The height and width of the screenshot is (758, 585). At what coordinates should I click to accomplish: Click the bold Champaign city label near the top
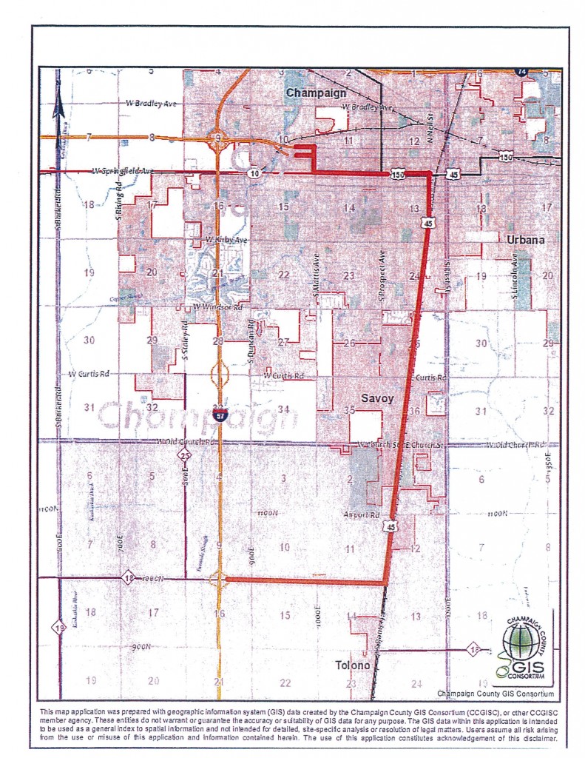[316, 93]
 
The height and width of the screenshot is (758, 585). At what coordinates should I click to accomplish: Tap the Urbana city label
[525, 240]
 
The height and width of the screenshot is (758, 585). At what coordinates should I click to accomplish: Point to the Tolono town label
[352, 664]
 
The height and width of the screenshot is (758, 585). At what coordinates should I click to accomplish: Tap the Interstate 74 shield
[522, 71]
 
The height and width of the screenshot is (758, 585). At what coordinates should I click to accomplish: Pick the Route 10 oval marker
[254, 172]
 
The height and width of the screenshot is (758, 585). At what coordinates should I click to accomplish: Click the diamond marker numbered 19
[60, 628]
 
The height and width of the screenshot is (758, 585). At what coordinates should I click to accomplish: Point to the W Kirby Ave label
[225, 240]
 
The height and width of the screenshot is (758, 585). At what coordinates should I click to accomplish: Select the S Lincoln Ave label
[515, 278]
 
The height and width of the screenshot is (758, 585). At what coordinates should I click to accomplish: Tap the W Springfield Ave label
[122, 171]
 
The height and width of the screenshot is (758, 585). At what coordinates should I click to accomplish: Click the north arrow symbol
[59, 104]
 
